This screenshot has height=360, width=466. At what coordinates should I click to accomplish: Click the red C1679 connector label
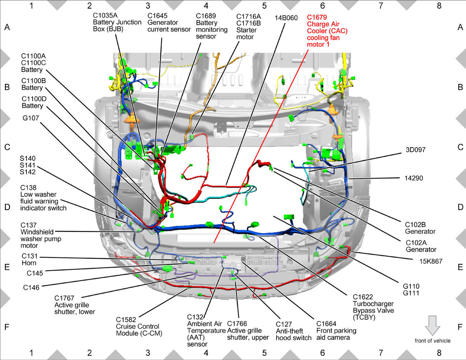coord(317,17)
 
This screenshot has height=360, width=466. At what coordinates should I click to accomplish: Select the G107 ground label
coord(31,118)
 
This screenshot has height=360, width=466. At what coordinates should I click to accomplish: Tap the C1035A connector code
coord(105,16)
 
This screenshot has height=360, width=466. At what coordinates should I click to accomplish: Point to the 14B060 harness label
coord(286,18)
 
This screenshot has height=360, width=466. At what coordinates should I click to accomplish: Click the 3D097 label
coord(416,150)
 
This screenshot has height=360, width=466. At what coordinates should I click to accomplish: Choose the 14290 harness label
coord(414,178)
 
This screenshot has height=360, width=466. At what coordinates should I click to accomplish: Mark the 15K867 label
coord(431,261)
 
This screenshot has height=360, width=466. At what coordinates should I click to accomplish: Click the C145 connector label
coord(35,273)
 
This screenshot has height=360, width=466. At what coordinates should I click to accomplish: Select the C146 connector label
coord(31,287)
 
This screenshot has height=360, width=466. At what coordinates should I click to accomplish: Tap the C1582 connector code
coord(126,320)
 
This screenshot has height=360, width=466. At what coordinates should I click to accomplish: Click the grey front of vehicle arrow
coord(433,325)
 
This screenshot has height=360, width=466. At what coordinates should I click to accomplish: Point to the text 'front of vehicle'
coord(433,341)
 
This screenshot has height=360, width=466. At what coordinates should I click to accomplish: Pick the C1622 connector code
coord(363,297)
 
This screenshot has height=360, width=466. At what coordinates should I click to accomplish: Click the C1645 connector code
coord(157,16)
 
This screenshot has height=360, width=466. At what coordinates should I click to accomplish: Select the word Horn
coord(29,263)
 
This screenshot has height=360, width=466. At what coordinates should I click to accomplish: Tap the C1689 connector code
coord(206,16)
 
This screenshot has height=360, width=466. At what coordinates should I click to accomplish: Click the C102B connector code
coord(415,224)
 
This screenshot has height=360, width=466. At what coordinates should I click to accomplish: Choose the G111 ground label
coord(411,293)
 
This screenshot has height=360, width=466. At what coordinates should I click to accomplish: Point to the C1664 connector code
coord(326,324)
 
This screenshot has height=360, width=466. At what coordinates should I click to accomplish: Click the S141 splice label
coord(28,165)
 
